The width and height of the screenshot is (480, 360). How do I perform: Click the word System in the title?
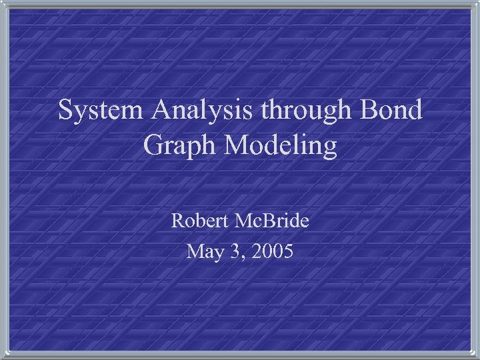(102, 111)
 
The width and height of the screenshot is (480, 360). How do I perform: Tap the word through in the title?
(310, 111)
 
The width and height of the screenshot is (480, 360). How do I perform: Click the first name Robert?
(201, 221)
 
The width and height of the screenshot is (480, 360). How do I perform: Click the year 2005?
(271, 251)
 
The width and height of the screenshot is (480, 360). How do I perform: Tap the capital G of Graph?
(154, 147)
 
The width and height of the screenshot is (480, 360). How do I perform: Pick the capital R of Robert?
(178, 221)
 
